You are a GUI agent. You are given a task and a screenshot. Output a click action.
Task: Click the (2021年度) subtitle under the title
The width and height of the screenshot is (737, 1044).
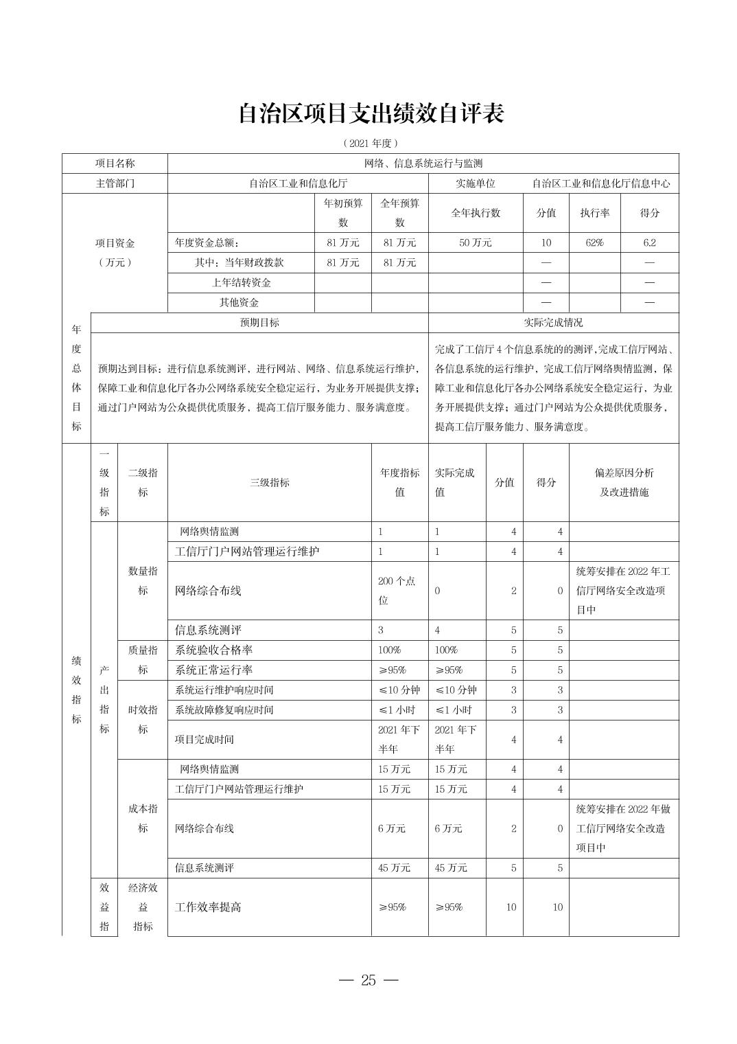coord(371,144)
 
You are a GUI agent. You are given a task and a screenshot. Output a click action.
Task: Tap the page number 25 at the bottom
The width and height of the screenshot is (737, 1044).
coord(368,980)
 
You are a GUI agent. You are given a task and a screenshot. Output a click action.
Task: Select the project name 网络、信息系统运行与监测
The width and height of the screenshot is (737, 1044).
coord(423,163)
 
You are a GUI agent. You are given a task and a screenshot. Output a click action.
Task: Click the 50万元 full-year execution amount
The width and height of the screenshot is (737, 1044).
coord(475,242)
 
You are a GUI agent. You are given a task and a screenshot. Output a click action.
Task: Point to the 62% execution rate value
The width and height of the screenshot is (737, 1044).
coord(594,242)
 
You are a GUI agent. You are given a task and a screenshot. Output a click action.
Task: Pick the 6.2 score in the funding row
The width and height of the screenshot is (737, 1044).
coord(649,242)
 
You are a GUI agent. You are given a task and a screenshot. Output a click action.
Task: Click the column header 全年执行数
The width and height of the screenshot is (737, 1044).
coord(475,213)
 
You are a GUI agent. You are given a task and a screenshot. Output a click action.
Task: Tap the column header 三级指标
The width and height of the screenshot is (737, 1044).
coord(269,482)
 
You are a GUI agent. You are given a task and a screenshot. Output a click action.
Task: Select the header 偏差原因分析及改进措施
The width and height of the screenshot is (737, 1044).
coord(624,482)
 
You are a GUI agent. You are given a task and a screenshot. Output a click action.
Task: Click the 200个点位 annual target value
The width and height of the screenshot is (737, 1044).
coord(397,590)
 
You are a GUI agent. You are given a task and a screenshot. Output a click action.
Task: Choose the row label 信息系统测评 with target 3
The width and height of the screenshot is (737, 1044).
coord(208,630)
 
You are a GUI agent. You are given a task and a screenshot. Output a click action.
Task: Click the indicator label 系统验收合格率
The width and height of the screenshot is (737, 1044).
coord(214,650)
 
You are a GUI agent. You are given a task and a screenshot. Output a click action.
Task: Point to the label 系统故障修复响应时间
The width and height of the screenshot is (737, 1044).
coord(224,710)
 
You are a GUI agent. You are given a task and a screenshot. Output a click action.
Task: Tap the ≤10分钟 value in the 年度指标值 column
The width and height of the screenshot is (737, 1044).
coord(399,690)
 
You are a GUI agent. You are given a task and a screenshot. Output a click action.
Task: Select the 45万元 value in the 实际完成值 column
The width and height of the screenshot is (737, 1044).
coord(451,867)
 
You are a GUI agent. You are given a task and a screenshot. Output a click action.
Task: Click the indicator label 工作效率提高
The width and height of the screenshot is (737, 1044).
coord(208,907)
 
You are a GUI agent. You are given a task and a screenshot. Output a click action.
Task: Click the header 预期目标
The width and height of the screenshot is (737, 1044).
coord(259,322)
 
